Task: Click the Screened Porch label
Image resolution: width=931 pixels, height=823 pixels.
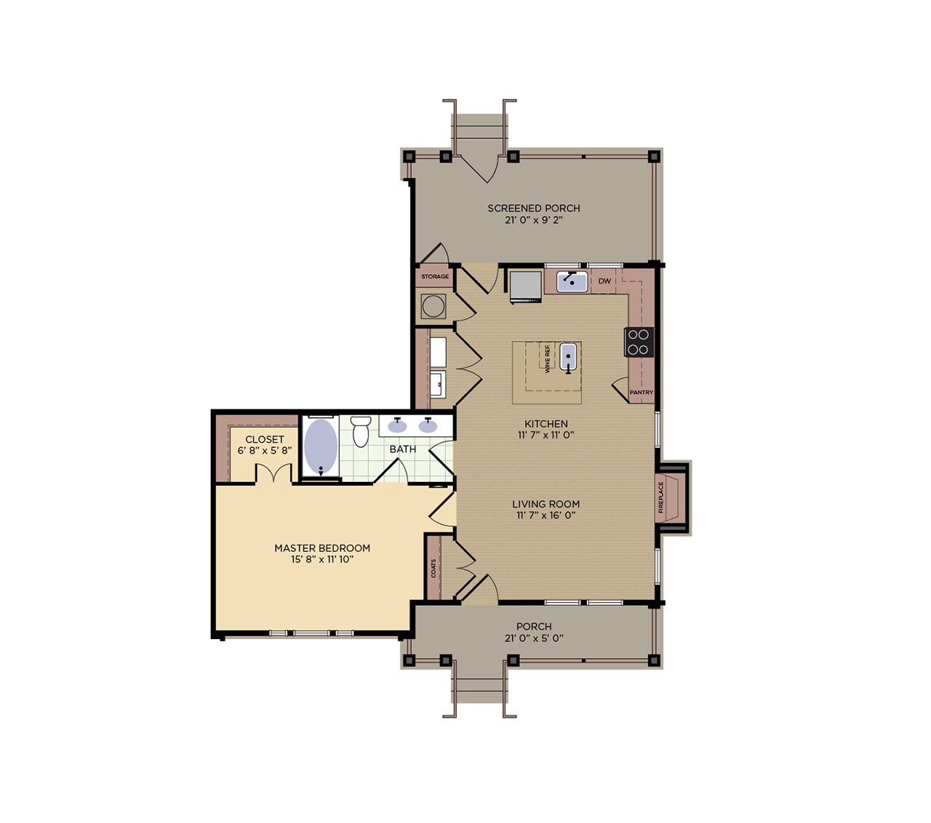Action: pyautogui.click(x=534, y=208)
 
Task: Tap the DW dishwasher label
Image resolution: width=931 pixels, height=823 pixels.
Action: pyautogui.click(x=604, y=281)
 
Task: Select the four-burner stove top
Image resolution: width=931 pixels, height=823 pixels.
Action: pyautogui.click(x=639, y=342)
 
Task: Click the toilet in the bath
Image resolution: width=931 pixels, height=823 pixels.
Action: pyautogui.click(x=361, y=431)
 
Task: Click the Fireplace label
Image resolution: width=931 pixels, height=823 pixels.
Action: pyautogui.click(x=661, y=498)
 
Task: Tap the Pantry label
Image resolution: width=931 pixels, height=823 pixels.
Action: pyautogui.click(x=641, y=393)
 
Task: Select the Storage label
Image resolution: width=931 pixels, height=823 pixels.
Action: pyautogui.click(x=435, y=277)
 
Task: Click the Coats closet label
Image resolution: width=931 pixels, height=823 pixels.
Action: pyautogui.click(x=433, y=568)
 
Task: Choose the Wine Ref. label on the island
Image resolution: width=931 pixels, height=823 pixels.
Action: pyautogui.click(x=547, y=359)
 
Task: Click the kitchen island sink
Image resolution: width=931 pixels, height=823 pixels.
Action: pyautogui.click(x=568, y=357)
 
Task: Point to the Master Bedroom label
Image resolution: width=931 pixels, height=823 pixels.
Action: pyautogui.click(x=322, y=548)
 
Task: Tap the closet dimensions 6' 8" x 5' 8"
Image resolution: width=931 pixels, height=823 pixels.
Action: pyautogui.click(x=265, y=451)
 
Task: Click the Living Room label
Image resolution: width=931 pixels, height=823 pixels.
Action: pyautogui.click(x=546, y=504)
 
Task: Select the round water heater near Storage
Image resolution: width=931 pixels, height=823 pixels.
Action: pyautogui.click(x=434, y=306)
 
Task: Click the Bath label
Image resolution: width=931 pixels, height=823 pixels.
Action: pyautogui.click(x=402, y=449)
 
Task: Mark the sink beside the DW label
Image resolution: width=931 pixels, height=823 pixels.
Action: pyautogui.click(x=572, y=281)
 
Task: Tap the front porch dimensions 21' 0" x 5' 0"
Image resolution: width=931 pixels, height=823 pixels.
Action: pyautogui.click(x=534, y=638)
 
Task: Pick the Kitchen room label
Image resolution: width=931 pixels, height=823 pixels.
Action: pyautogui.click(x=546, y=424)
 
